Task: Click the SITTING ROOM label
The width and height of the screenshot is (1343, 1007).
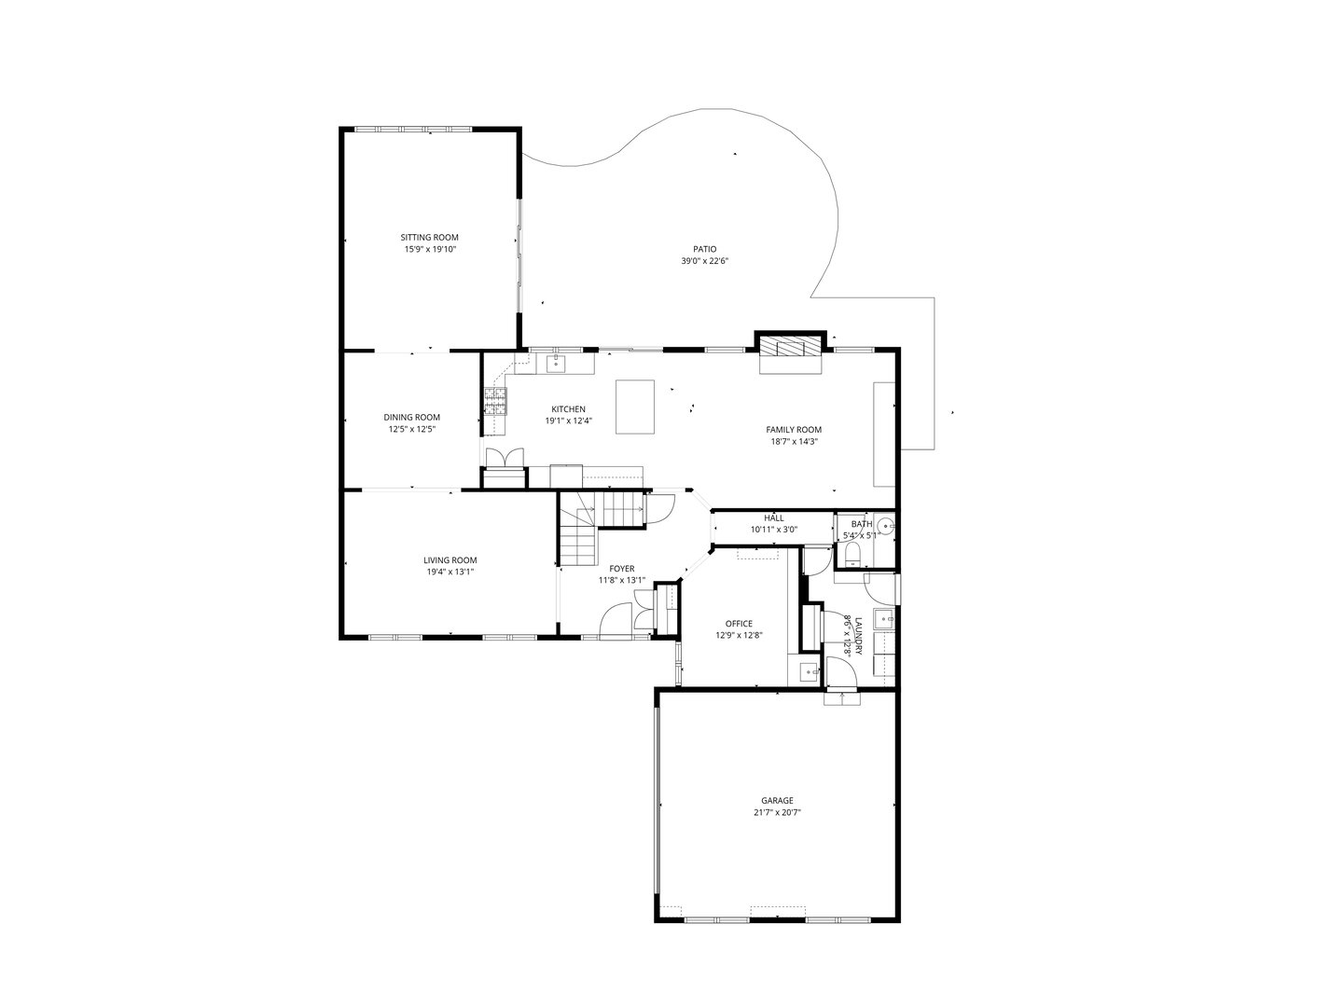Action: (x=430, y=238)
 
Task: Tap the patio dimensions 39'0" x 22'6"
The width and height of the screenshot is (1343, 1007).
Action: (x=704, y=261)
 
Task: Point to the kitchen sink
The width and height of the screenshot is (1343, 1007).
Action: (x=556, y=362)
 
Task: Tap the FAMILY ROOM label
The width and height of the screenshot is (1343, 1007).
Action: (x=794, y=430)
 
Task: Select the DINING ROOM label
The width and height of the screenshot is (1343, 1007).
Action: (x=411, y=418)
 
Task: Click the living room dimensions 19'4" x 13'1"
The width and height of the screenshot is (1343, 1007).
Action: (x=450, y=572)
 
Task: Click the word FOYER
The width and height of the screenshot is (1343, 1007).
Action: (x=622, y=569)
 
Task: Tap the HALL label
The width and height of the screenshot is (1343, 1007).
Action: (x=774, y=518)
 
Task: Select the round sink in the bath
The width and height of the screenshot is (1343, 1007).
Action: (x=883, y=527)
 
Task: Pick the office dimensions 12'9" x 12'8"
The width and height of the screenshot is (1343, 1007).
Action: (x=739, y=636)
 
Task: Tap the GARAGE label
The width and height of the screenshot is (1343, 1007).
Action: (x=777, y=800)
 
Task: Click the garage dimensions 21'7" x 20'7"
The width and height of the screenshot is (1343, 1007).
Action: (x=777, y=813)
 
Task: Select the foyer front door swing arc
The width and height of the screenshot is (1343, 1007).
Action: (x=616, y=619)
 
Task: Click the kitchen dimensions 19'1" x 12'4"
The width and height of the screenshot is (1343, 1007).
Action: (x=569, y=421)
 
